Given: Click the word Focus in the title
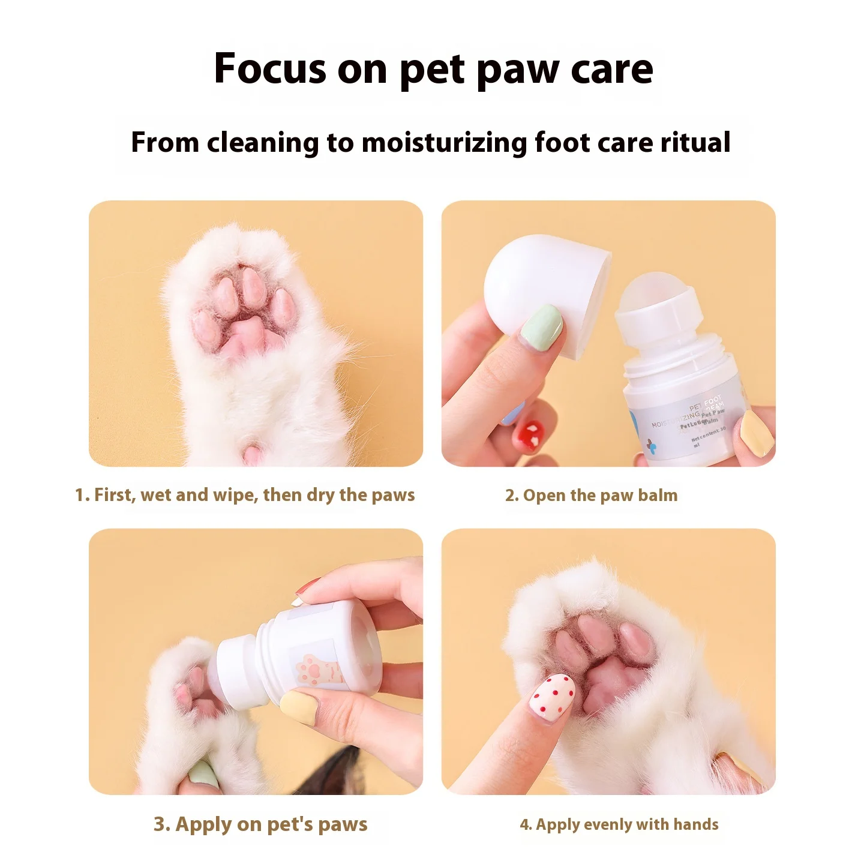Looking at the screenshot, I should point(269,69).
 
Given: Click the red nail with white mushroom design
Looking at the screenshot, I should point(532,434).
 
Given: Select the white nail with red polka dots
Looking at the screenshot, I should point(551,696).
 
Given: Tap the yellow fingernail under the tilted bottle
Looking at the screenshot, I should point(299,706).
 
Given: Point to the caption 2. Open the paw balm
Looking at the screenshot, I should point(591,496).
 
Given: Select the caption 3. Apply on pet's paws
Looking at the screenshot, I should point(260,824).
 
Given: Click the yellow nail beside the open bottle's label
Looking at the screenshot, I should point(757,434).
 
